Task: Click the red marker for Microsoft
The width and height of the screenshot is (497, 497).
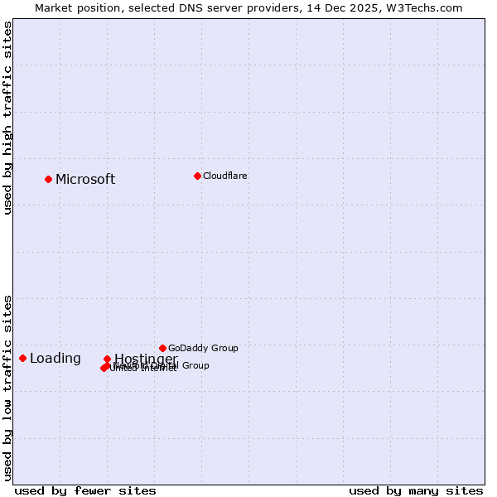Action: pyautogui.click(x=48, y=179)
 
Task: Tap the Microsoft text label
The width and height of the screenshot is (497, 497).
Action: pyautogui.click(x=85, y=180)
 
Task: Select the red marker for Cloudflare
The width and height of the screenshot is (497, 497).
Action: pyautogui.click(x=197, y=176)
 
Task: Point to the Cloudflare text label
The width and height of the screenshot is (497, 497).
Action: pyautogui.click(x=225, y=176)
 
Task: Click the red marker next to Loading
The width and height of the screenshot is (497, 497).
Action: pyautogui.click(x=22, y=358)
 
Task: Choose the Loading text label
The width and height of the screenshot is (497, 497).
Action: pyautogui.click(x=55, y=359)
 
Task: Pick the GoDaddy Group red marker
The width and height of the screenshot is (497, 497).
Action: pyautogui.click(x=162, y=348)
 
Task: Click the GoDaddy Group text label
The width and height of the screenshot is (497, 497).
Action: pyautogui.click(x=203, y=349)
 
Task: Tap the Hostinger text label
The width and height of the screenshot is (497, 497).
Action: pyautogui.click(x=146, y=359)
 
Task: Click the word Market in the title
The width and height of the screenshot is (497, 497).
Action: pyautogui.click(x=55, y=8)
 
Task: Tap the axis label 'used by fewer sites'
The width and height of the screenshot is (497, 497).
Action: pyautogui.click(x=85, y=490)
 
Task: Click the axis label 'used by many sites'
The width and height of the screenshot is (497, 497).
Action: pyautogui.click(x=416, y=490)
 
